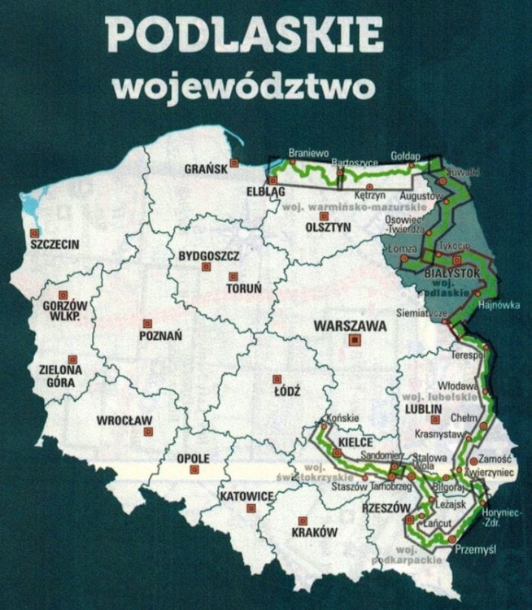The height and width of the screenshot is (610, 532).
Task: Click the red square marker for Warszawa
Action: tap(353, 342)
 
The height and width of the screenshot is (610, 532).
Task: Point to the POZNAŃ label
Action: tap(160, 335)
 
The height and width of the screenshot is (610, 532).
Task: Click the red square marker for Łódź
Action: tap(277, 378)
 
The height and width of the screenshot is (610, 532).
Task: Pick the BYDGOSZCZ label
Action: tap(215, 257)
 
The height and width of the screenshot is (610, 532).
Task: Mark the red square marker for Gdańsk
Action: tap(234, 163)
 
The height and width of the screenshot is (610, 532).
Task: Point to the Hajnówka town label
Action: tap(499, 306)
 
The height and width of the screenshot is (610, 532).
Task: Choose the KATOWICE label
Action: tap(245, 496)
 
